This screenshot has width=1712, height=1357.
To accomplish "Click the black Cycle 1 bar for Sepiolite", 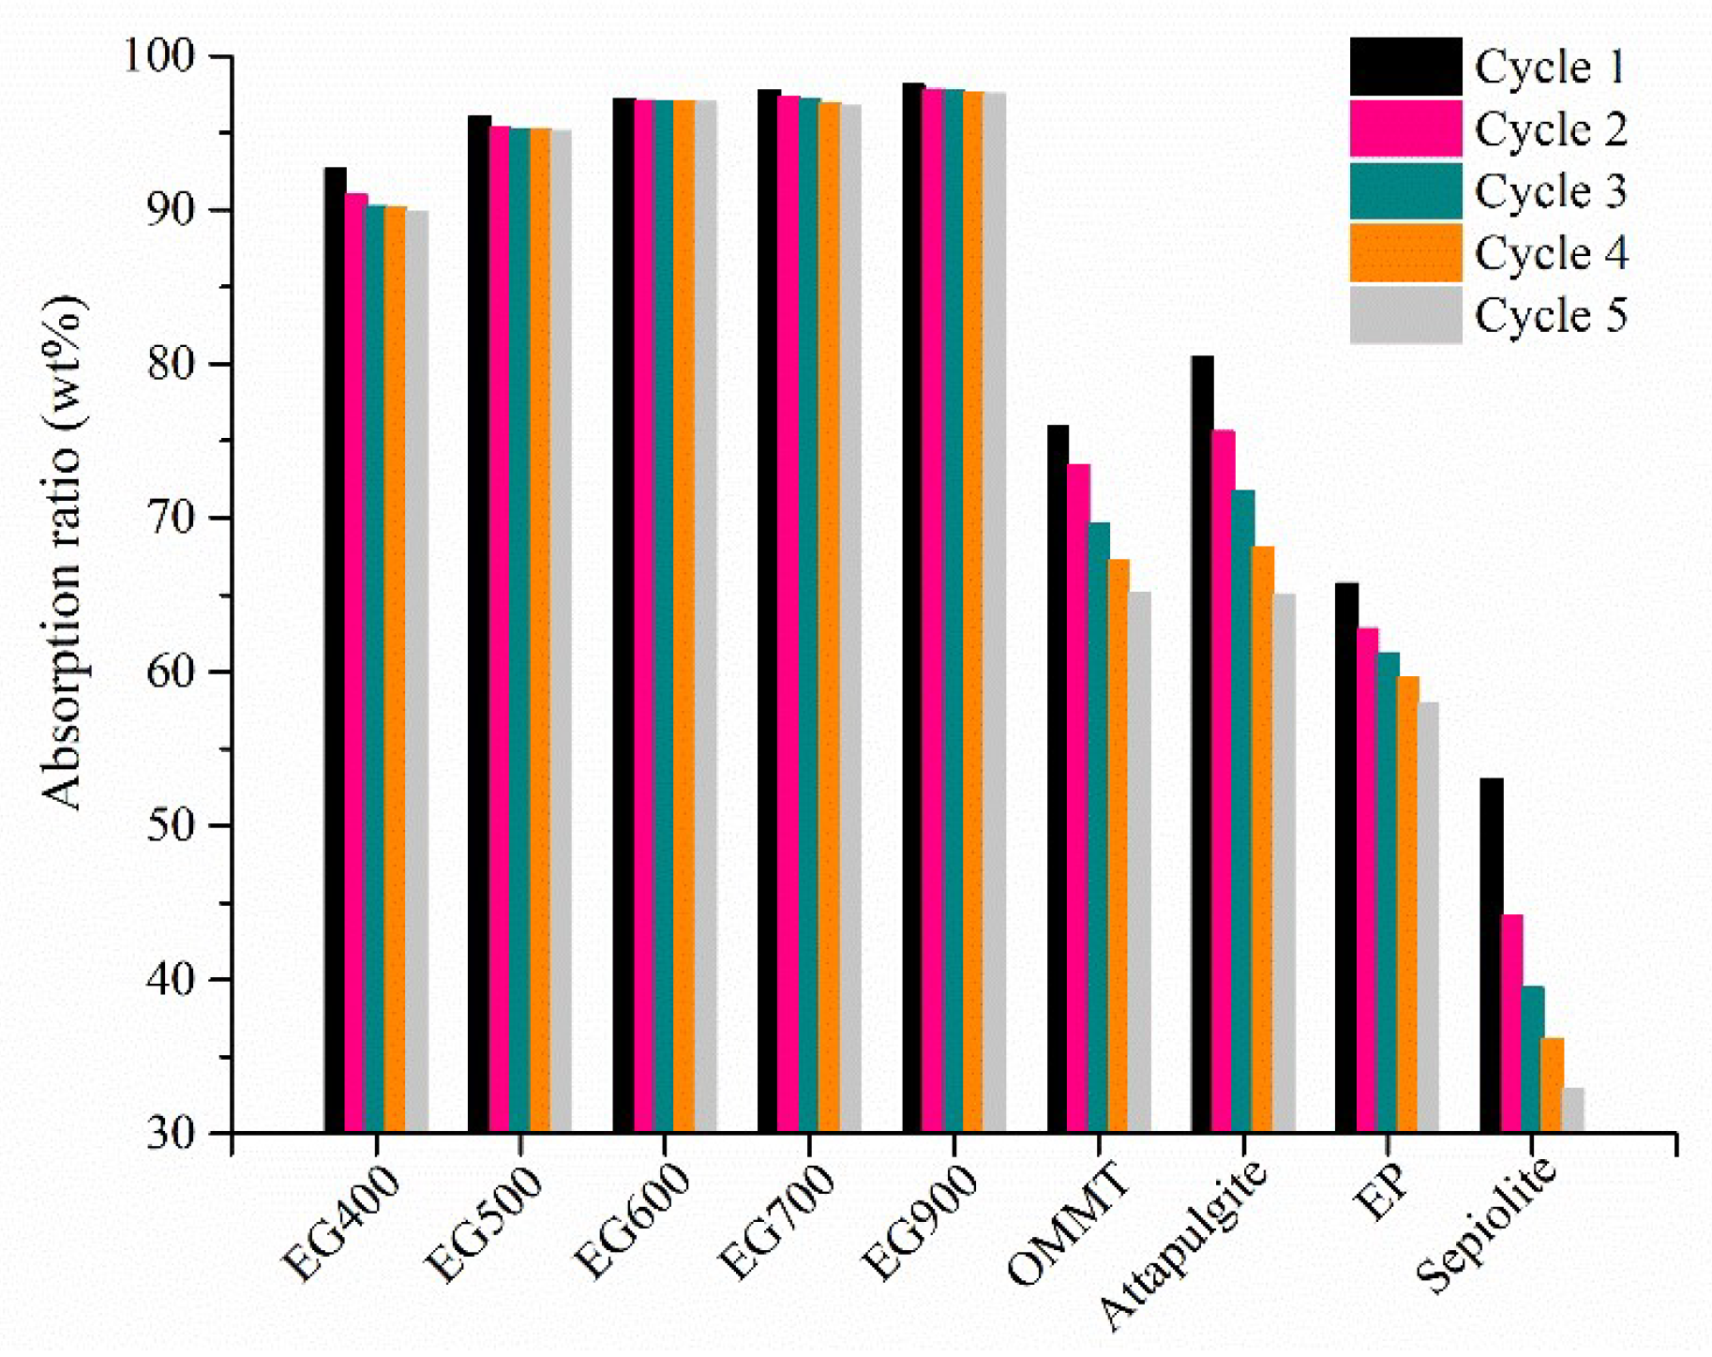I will tap(1491, 957).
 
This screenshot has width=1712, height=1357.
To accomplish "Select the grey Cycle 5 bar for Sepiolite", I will tap(1573, 1111).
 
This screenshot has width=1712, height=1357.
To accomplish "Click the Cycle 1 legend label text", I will tap(1549, 68).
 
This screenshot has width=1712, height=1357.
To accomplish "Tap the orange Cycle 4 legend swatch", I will tap(1404, 252).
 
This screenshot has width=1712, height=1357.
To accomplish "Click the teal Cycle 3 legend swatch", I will tap(1404, 190).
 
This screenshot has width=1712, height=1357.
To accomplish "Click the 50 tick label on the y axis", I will tap(170, 826).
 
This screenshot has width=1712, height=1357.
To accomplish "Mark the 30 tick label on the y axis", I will tap(170, 1134).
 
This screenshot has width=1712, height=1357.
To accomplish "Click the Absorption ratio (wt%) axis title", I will tap(64, 552).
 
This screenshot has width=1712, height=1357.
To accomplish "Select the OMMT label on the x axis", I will tap(1069, 1224).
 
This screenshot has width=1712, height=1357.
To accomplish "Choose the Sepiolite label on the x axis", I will tap(1486, 1229).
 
